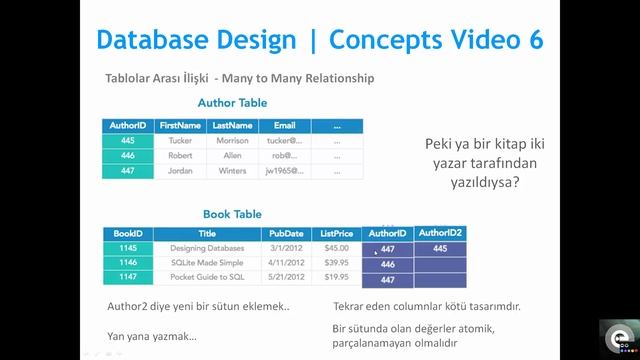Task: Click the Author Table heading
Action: [232, 103]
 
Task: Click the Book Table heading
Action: [232, 214]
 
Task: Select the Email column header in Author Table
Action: [285, 126]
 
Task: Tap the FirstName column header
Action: [180, 126]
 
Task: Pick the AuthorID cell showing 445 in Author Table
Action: [127, 142]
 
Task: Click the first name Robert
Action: [180, 156]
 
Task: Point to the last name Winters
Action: [233, 171]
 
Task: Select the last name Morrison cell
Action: [233, 142]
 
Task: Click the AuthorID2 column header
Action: [440, 233]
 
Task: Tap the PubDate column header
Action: [286, 234]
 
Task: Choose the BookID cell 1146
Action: [127, 262]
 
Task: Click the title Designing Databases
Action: [207, 248]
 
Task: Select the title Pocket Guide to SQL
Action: [207, 277]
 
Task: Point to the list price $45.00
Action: [337, 248]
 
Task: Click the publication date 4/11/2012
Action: [286, 262]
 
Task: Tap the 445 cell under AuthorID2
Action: [440, 248]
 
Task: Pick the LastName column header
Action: [233, 126]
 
